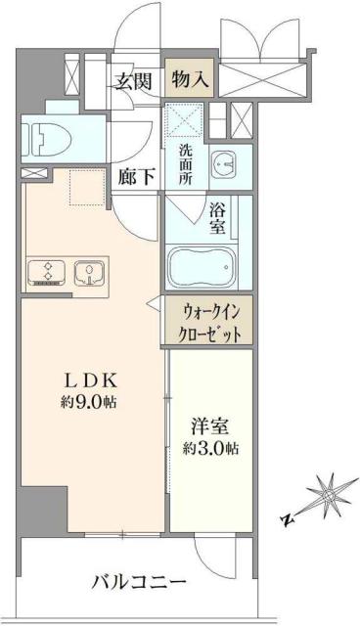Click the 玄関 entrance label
[x=134, y=81]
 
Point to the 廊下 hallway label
[x=134, y=176]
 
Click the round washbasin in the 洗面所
[x=224, y=164]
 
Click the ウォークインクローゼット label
[x=206, y=321]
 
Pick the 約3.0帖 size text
[x=208, y=450]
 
